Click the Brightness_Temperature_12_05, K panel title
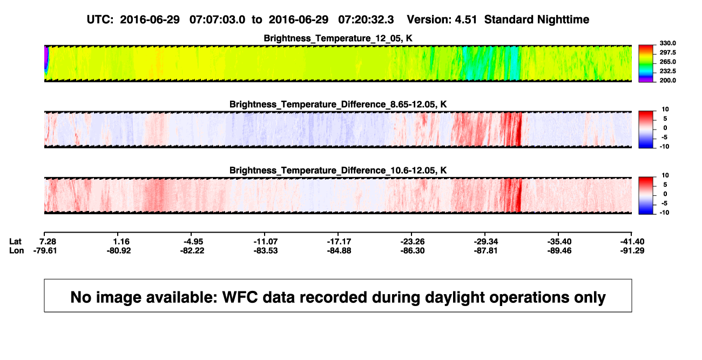pyautogui.click(x=338, y=38)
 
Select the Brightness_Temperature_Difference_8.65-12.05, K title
pyautogui.click(x=338, y=104)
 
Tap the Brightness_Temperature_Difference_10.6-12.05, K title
pyautogui.click(x=338, y=171)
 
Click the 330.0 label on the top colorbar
pyautogui.click(x=667, y=43)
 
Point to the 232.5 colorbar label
pyautogui.click(x=667, y=71)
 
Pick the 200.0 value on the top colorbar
pyautogui.click(x=667, y=80)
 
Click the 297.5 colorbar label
pyautogui.click(x=667, y=53)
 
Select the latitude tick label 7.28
pyautogui.click(x=48, y=242)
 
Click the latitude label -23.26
pyautogui.click(x=413, y=242)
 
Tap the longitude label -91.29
pyautogui.click(x=632, y=250)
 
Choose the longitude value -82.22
pyautogui.click(x=192, y=250)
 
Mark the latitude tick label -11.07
pyautogui.click(x=266, y=242)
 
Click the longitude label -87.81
pyautogui.click(x=486, y=250)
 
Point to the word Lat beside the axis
pyautogui.click(x=15, y=242)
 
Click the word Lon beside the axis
pyautogui.click(x=17, y=250)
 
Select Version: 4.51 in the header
pyautogui.click(x=442, y=19)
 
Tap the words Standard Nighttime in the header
pyautogui.click(x=537, y=20)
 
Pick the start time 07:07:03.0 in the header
pyautogui.click(x=217, y=19)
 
